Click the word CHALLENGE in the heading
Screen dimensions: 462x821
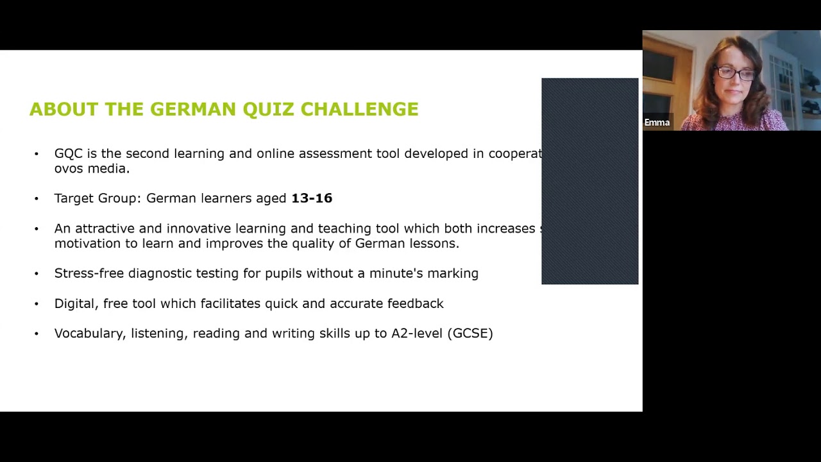359,109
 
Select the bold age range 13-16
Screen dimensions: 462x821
312,198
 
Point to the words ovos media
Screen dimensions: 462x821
92,169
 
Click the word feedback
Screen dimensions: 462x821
415,304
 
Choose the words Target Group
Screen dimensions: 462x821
97,198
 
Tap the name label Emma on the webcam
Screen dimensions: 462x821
657,123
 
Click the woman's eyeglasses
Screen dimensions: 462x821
736,74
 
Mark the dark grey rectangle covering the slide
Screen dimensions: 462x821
589,181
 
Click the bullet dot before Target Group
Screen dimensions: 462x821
37,199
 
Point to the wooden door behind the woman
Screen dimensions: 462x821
667,77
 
